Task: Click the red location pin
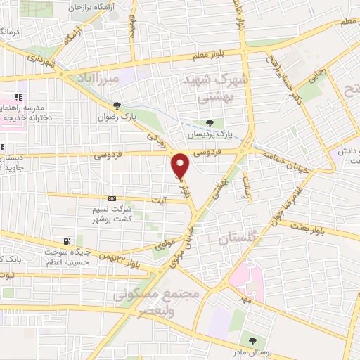tap(181, 165)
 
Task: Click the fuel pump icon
tap(67, 240)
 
